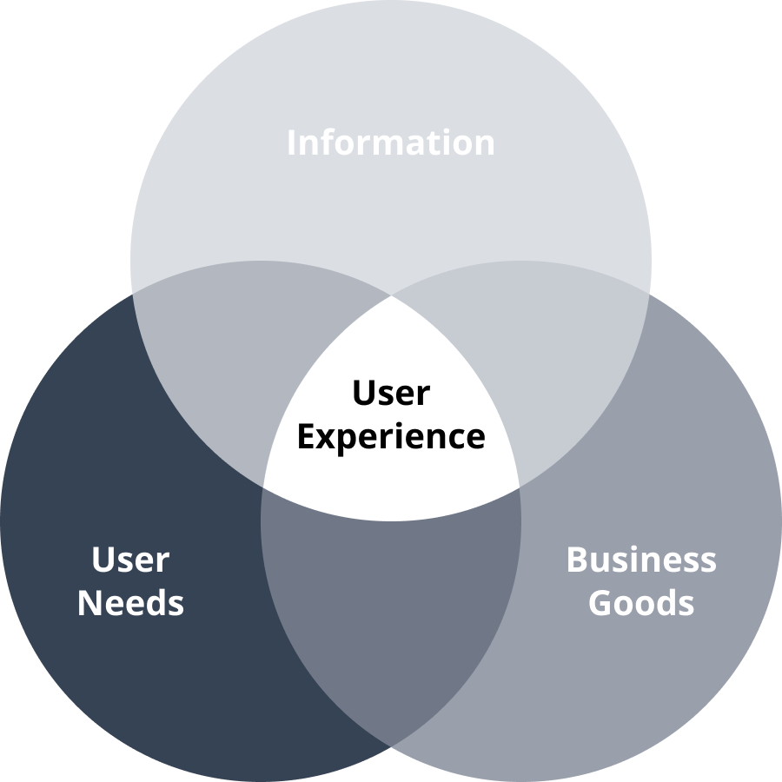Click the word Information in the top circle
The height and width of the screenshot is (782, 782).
tap(391, 142)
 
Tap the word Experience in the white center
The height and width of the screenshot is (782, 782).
tap(391, 436)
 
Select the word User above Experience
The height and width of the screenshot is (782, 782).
tap(391, 394)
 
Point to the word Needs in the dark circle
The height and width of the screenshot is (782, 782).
tap(130, 603)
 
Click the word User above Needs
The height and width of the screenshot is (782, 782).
tap(130, 560)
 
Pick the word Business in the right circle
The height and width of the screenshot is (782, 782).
tap(641, 560)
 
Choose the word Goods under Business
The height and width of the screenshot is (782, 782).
tap(641, 603)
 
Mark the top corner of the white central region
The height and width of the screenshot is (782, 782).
tap(391, 295)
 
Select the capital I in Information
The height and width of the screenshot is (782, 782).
tap(291, 142)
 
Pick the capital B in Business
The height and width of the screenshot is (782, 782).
tap(577, 560)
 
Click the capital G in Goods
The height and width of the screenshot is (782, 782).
tap(600, 603)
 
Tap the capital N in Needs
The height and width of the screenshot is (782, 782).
tap(89, 603)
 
